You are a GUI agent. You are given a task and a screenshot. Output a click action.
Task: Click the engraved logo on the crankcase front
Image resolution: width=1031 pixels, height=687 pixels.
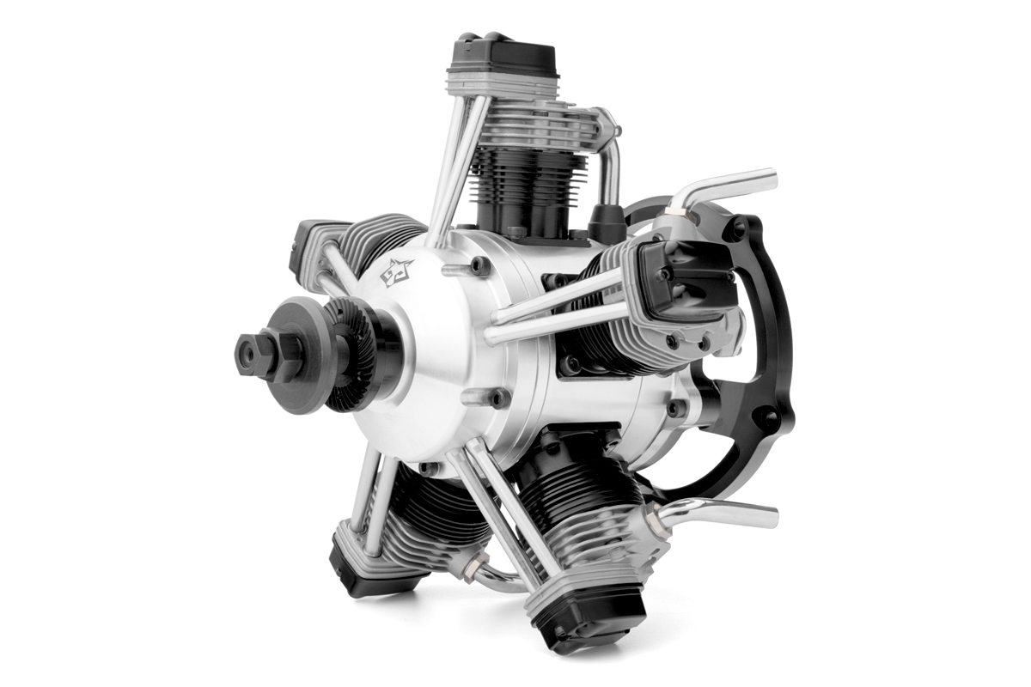396,271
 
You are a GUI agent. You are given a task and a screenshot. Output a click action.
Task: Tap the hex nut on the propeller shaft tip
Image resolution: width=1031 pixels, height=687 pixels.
251,352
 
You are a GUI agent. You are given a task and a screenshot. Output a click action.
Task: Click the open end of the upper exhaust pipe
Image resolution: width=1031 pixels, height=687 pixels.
772,179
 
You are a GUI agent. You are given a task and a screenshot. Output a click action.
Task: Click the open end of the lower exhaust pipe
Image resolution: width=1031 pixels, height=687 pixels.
772,517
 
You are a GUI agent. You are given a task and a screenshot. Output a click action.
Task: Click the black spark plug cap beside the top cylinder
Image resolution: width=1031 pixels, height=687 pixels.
607,223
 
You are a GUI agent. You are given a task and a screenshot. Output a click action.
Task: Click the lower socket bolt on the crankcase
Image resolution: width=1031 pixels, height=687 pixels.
497,397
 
